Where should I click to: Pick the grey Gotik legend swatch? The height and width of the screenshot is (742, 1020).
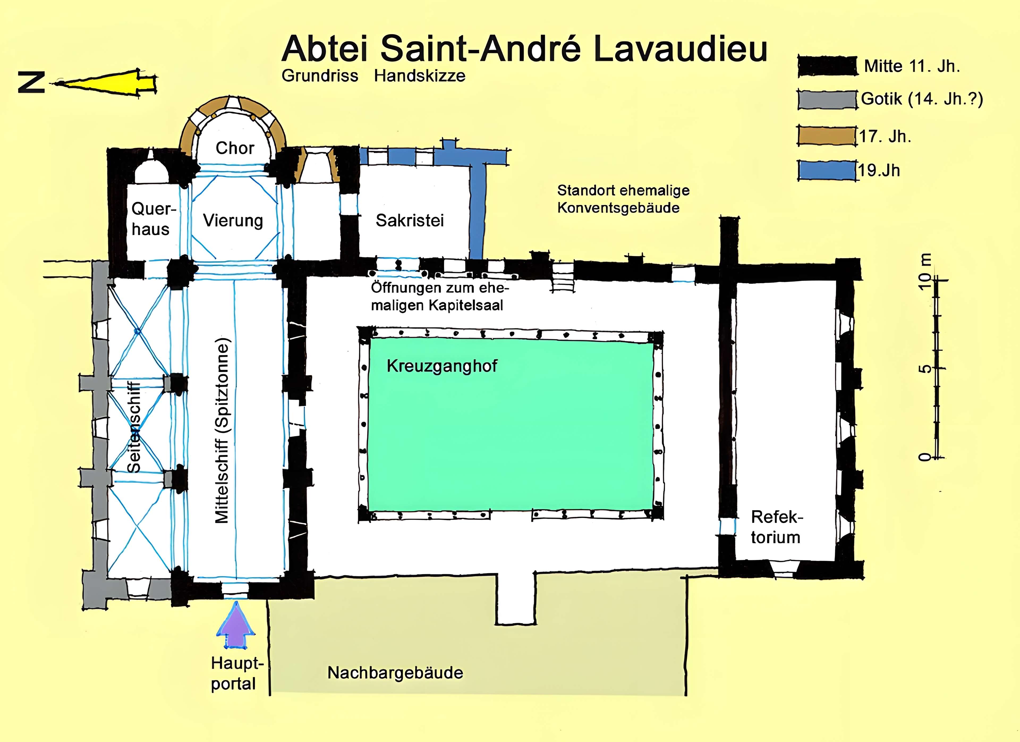coord(827,99)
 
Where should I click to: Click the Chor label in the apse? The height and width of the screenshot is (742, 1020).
coord(235,148)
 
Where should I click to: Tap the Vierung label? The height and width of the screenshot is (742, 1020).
coord(233,221)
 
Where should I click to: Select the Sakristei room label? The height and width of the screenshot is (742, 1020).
coord(410,221)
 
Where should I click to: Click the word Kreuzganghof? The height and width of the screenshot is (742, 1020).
coord(442,366)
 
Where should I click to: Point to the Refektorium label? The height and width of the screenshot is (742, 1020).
coord(776,527)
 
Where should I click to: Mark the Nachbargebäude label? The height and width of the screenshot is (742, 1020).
coord(395,673)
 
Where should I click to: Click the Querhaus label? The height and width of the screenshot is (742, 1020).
coord(151,219)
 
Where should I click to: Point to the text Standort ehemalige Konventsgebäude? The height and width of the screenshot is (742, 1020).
coord(623,199)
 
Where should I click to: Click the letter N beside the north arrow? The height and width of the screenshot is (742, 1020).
coord(32,83)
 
